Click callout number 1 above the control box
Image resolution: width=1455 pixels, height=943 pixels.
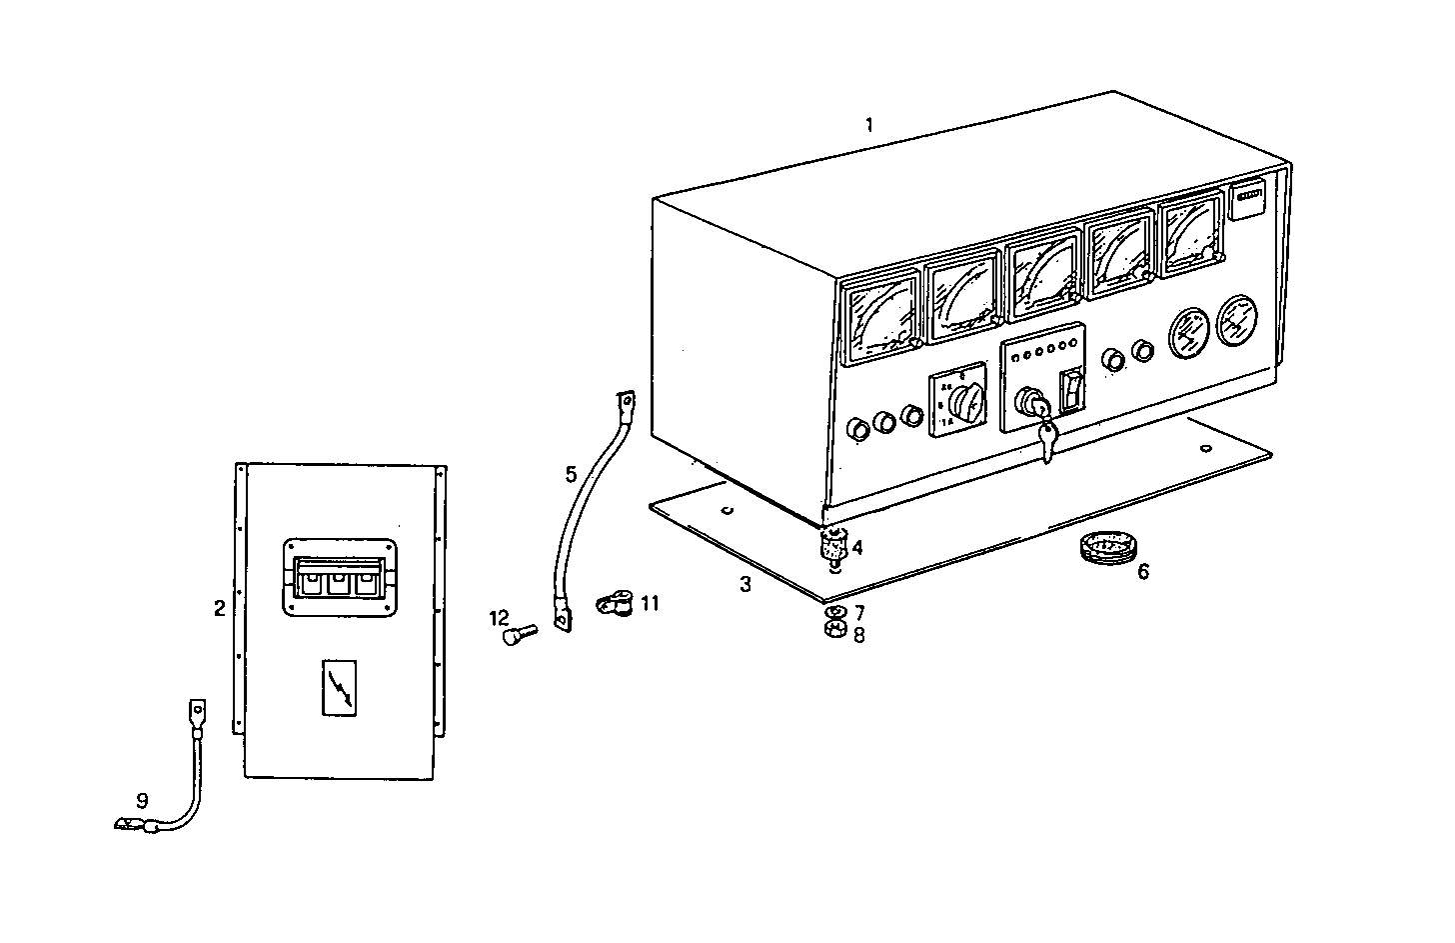(869, 125)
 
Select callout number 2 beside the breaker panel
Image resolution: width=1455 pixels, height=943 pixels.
(219, 608)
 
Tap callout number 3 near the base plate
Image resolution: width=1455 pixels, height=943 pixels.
(745, 585)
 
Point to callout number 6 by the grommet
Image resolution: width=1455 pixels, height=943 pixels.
(1143, 572)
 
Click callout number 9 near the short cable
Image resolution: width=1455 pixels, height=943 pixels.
(142, 800)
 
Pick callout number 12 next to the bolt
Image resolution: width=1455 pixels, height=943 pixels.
(500, 619)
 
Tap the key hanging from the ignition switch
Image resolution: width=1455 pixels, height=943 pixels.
(1045, 441)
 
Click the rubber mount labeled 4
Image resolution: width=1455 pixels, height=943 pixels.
(832, 547)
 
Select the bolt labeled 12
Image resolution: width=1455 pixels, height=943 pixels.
(520, 634)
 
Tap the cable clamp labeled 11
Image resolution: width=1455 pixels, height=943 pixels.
(611, 604)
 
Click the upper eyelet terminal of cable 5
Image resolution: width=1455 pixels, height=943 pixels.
(627, 403)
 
